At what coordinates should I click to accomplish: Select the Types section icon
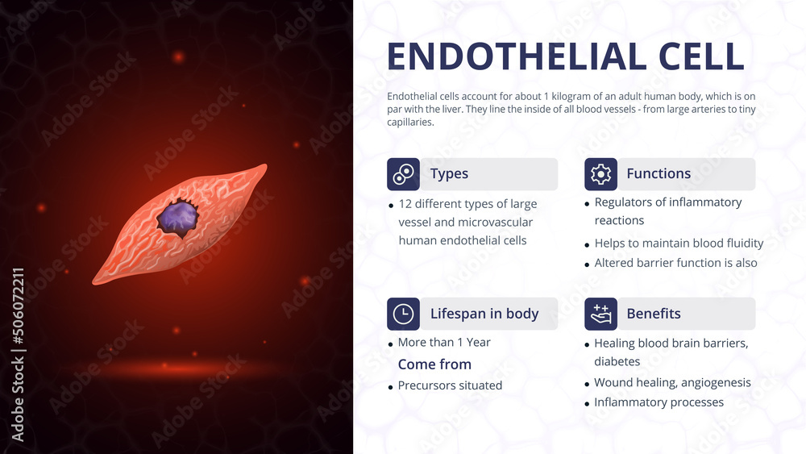403,174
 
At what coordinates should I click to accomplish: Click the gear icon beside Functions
600,174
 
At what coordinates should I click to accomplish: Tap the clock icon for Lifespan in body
403,314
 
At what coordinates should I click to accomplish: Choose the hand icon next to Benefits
600,314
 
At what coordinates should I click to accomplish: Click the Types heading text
449,174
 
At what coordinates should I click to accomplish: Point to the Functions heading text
659,174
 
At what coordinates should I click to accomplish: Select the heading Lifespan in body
484,314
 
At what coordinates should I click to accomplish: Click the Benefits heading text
654,314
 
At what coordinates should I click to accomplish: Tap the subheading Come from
434,364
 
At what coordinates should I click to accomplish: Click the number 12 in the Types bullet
405,204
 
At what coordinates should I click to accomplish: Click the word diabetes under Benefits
617,362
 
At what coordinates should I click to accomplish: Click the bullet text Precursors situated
450,385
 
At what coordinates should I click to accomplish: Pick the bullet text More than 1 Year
444,343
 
